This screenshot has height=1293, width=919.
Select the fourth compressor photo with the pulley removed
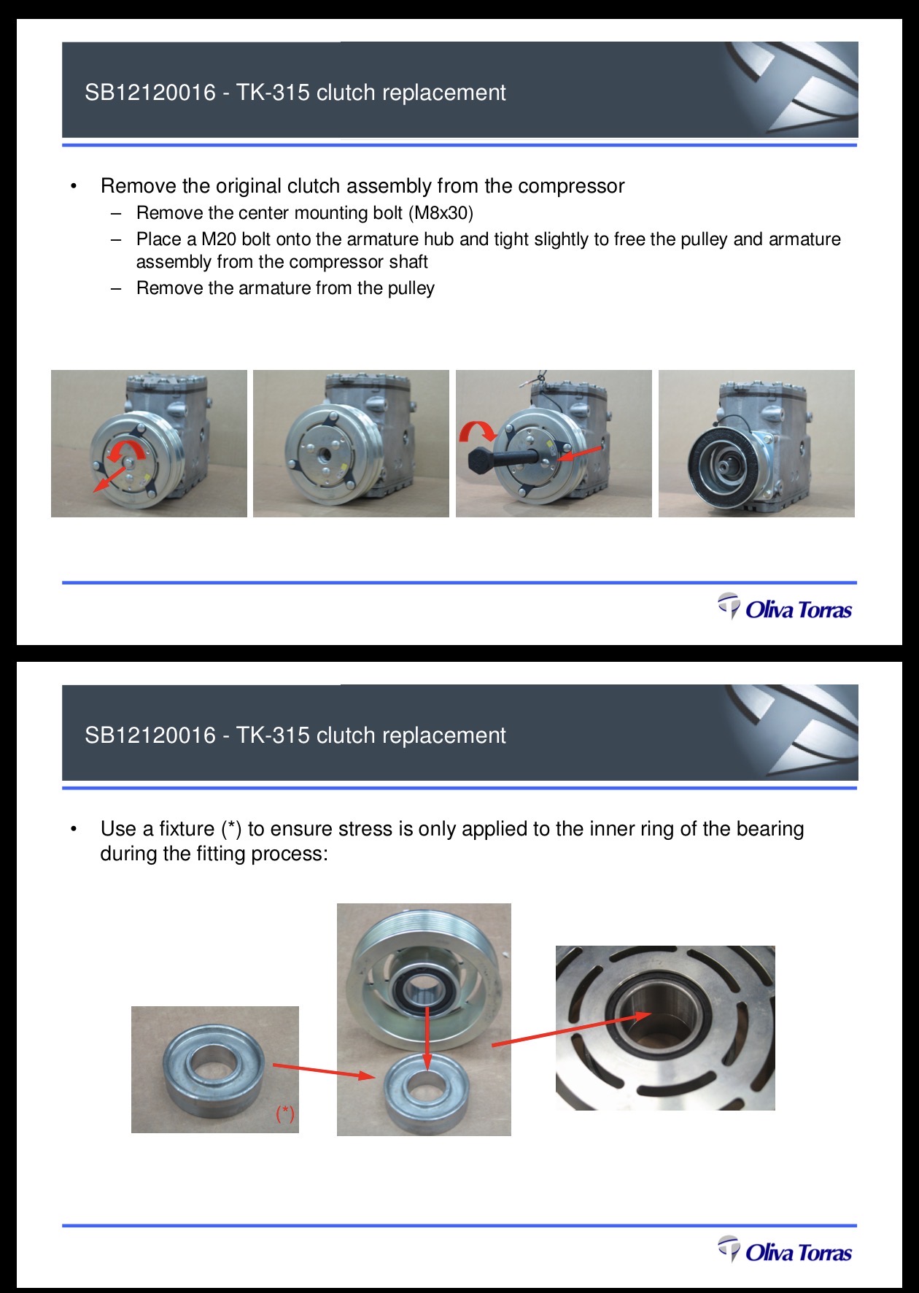756,444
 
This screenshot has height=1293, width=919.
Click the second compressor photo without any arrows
351,444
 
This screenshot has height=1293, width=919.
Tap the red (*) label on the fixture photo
284,1113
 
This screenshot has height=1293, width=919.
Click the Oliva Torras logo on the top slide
785,608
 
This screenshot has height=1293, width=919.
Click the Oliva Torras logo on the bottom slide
785,1251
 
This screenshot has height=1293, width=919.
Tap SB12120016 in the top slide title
150,93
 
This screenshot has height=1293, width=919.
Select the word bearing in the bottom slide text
770,830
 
